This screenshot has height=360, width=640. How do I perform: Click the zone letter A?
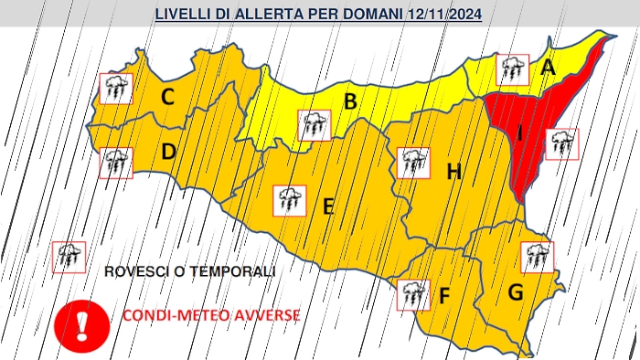coord(548,67)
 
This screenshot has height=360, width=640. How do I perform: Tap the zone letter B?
coord(349,101)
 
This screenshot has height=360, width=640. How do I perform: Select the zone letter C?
coord(169,96)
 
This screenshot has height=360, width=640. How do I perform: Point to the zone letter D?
coord(168,152)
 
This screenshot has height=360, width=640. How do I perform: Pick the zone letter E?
coord(327,206)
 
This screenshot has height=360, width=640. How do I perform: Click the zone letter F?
coord(444,296)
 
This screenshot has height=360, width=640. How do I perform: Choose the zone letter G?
coord(516,293)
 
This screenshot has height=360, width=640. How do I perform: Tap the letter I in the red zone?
coord(519,134)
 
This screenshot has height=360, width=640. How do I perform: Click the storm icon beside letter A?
coord(512,69)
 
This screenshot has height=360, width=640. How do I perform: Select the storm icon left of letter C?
coord(116,89)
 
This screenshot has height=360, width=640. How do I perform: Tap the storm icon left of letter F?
coord(413,294)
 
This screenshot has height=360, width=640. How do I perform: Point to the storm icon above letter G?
coord(537,257)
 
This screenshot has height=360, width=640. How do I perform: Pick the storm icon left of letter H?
coord(414,164)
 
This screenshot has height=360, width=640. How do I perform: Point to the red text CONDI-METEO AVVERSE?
coord(209,315)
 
